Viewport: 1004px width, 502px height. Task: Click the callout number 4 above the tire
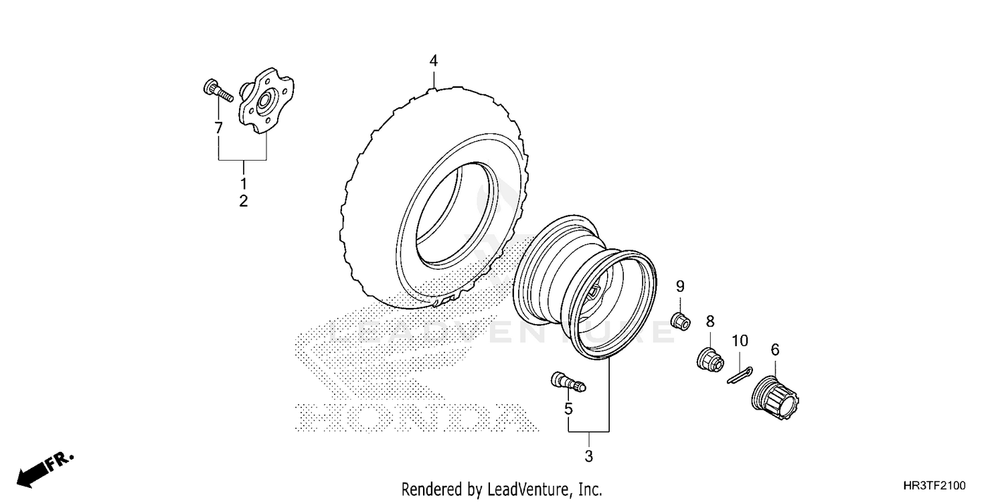point(434,61)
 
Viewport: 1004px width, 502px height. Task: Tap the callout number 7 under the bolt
point(218,127)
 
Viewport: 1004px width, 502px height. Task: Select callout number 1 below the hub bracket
point(244,183)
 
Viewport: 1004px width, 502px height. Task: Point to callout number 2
point(244,200)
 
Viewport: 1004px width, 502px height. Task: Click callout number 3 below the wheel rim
point(589,457)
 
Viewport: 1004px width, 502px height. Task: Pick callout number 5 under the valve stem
point(568,408)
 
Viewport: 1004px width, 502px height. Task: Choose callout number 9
point(680,287)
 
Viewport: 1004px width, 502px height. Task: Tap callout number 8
point(710,321)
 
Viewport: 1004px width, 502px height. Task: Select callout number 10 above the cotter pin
point(739,341)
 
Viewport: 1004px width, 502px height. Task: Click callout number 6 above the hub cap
point(775,349)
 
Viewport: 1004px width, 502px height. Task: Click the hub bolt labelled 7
point(216,90)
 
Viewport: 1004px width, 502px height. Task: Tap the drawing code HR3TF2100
point(935,485)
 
